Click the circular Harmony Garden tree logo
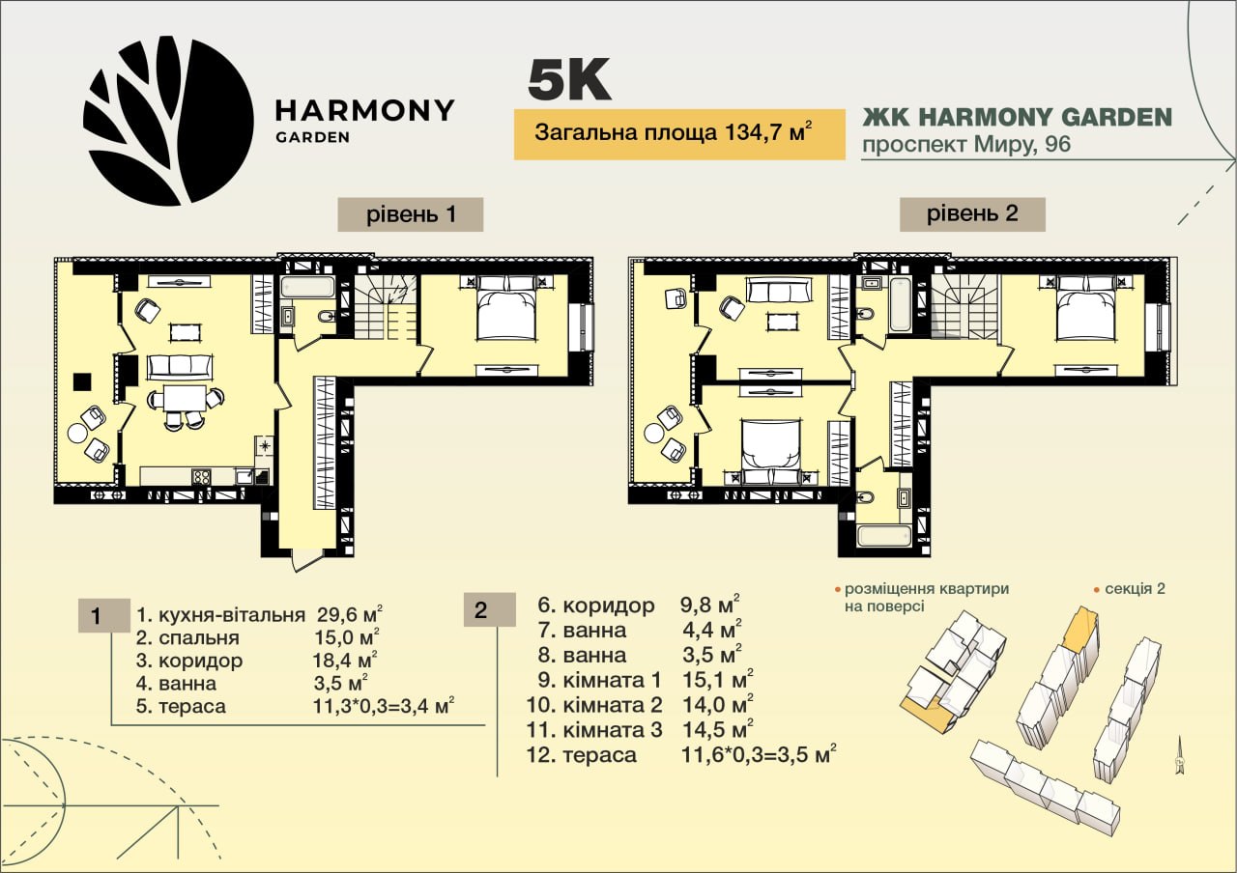[168, 121]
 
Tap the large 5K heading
[569, 80]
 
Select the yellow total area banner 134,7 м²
[679, 134]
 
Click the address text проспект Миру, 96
[966, 145]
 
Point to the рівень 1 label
[411, 214]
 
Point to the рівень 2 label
[972, 214]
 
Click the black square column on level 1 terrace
[82, 381]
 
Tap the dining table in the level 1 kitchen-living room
[185, 398]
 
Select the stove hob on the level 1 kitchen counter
[201, 477]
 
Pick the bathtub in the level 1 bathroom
[307, 287]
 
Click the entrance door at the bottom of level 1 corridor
[307, 559]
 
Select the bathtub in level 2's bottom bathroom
[883, 536]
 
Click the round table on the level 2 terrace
[654, 433]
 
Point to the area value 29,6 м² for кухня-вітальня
[350, 613]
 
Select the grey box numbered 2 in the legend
[489, 609]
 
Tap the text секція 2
[1135, 589]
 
